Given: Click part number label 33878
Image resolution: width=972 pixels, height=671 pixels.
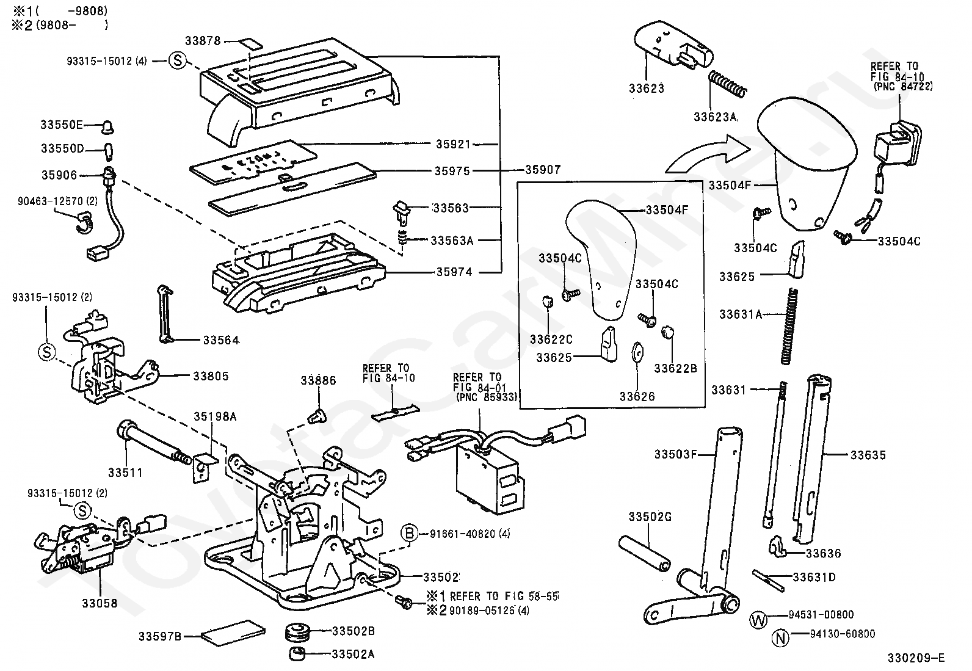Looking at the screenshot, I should point(205,42).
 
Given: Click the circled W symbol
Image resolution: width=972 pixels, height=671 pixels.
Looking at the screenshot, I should point(758,620).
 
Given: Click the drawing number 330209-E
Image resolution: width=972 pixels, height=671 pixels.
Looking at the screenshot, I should point(916,658).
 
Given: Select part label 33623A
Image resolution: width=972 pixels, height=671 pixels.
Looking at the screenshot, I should point(714,117).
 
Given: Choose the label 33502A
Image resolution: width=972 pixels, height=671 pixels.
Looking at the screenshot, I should point(352,655).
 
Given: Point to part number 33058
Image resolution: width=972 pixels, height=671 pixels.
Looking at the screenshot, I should point(100,603).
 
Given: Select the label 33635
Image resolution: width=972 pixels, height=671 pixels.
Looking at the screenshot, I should point(868,455).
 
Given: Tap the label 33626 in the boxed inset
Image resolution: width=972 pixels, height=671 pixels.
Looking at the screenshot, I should point(637,397).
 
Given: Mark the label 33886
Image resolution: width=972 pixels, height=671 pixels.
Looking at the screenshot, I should point(317,381).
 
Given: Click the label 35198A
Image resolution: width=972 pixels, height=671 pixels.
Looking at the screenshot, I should point(215,417).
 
